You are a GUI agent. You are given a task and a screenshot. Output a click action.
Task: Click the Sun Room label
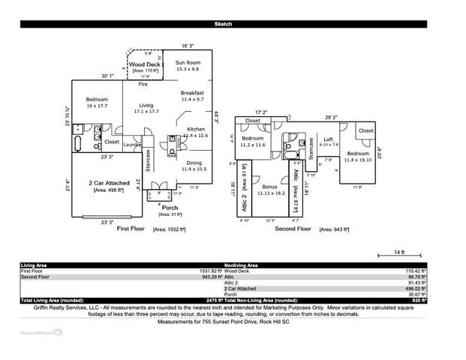click(188, 62)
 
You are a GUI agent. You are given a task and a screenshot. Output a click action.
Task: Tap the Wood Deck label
click(143, 65)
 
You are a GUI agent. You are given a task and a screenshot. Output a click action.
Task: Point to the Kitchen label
click(195, 129)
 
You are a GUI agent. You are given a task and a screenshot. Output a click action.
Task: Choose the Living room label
click(146, 105)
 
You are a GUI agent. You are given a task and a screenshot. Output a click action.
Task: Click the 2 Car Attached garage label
click(107, 183)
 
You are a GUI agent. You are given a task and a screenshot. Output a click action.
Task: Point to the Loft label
click(328, 139)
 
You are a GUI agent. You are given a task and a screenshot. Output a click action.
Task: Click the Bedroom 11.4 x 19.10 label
click(358, 154)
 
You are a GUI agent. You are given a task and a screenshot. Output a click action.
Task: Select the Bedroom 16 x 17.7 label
click(96, 100)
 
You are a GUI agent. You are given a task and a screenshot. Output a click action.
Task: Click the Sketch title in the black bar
click(224, 25)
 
